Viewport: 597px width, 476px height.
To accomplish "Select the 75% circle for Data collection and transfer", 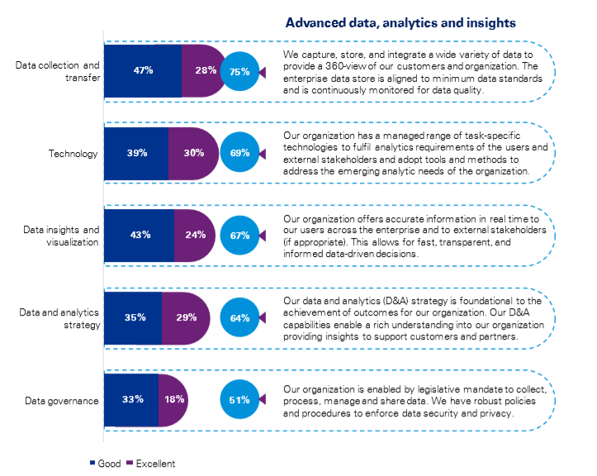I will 240,71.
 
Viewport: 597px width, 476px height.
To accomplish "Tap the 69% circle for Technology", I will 240,153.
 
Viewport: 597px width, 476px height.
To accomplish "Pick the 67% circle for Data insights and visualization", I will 240,235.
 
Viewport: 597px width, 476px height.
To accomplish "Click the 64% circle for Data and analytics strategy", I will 240,317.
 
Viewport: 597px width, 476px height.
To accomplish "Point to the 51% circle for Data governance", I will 240,399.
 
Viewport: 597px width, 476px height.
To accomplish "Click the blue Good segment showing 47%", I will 143,71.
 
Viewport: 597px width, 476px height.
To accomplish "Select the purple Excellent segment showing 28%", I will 205,71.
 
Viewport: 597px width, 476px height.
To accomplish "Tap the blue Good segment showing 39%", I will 136,153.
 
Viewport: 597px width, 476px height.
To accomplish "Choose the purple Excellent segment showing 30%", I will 193,153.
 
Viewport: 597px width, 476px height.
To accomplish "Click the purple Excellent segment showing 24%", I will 195,235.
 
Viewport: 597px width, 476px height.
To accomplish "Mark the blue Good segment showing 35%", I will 133,317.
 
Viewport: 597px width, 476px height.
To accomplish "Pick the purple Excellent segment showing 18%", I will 173,399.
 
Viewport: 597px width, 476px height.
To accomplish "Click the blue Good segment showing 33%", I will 131,399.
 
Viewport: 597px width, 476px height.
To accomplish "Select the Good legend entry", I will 104,464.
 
